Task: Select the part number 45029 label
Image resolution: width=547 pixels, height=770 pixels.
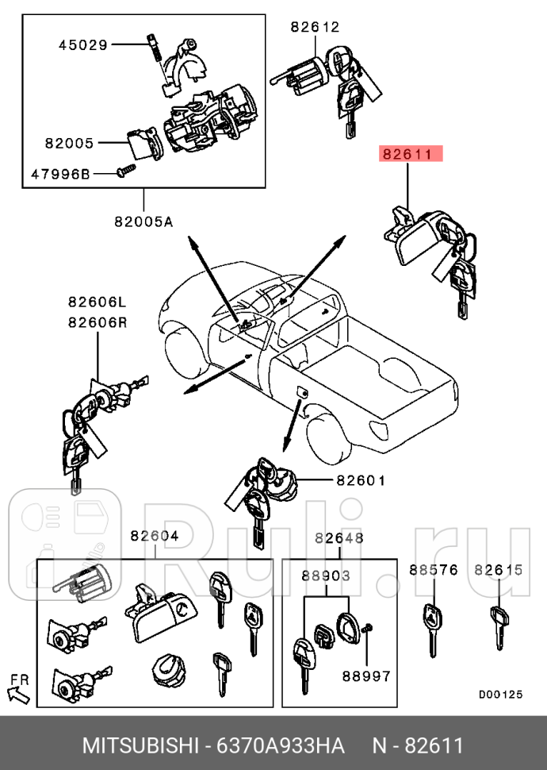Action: click(x=82, y=44)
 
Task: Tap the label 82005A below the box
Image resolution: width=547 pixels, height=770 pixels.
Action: click(x=143, y=221)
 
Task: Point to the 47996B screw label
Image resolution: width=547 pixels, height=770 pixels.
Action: click(x=61, y=173)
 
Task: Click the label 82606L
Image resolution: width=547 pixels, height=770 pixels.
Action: click(x=97, y=302)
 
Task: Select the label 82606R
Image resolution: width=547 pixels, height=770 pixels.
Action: click(x=97, y=322)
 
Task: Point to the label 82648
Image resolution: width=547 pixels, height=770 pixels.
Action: click(x=339, y=537)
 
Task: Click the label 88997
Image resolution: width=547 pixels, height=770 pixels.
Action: click(x=366, y=676)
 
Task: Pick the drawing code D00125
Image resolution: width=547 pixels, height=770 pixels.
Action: click(x=500, y=694)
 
